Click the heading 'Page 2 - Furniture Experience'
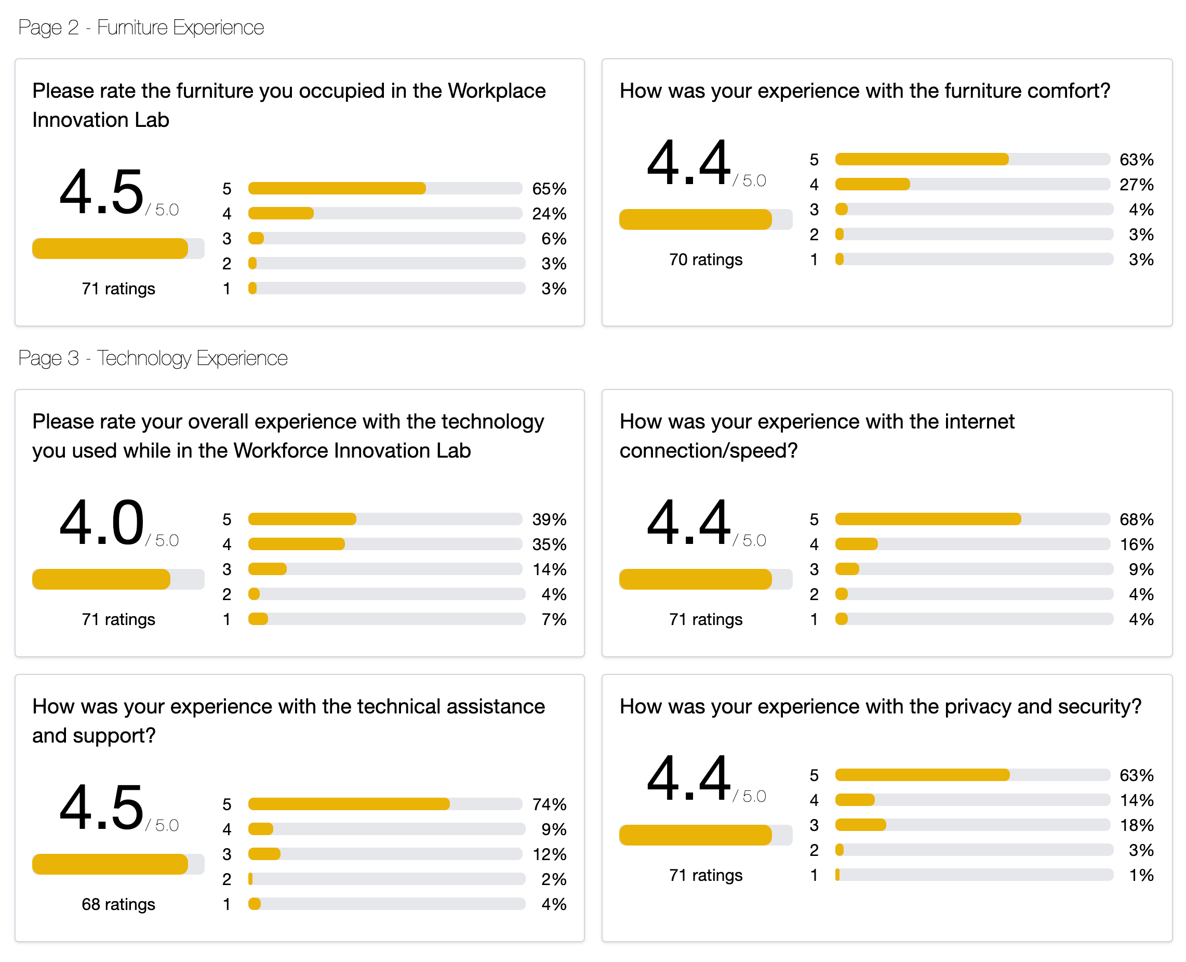click(141, 27)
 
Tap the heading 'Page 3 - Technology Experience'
click(152, 358)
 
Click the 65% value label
click(549, 188)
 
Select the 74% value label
click(549, 804)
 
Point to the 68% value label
click(1136, 519)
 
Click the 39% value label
click(549, 519)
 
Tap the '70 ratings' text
click(705, 259)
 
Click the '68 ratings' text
click(118, 904)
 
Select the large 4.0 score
click(101, 522)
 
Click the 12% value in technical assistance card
click(549, 854)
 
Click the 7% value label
click(553, 619)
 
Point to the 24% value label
click(549, 213)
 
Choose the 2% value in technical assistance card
click(553, 879)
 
